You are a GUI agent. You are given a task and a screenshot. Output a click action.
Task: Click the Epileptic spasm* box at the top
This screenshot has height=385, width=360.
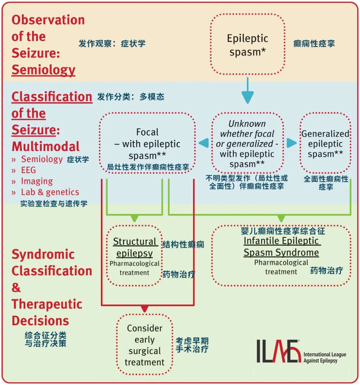click(248, 45)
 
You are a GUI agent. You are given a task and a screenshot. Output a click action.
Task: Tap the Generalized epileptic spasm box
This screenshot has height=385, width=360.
click(325, 144)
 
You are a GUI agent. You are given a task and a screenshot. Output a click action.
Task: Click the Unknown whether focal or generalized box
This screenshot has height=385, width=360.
click(247, 143)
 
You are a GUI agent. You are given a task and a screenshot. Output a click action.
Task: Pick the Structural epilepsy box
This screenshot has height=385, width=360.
click(135, 256)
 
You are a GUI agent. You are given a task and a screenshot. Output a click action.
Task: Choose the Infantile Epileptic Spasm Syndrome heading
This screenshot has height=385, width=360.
click(281, 247)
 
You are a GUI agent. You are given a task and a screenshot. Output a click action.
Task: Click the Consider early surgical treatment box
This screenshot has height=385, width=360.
click(145, 345)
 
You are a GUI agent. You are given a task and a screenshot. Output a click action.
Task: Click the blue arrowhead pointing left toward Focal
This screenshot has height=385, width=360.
click(204, 143)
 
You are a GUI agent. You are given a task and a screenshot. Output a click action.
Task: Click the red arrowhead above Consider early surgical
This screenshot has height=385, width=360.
click(145, 309)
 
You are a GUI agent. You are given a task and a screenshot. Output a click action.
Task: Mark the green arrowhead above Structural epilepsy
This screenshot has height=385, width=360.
click(134, 218)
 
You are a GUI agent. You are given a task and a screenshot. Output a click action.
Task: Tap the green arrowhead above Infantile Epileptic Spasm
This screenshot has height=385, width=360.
click(281, 218)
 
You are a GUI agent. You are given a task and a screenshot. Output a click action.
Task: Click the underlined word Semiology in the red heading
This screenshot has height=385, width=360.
click(43, 70)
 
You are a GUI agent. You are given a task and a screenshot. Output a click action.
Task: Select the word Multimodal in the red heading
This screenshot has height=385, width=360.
click(46, 146)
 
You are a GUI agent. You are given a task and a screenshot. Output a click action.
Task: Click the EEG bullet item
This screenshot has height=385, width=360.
click(28, 170)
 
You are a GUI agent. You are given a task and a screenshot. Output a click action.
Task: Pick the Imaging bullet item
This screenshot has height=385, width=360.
click(37, 181)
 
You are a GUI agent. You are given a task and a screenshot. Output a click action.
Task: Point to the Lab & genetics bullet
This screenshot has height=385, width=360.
click(50, 192)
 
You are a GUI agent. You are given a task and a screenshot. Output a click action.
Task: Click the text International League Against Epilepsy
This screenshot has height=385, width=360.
click(325, 357)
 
